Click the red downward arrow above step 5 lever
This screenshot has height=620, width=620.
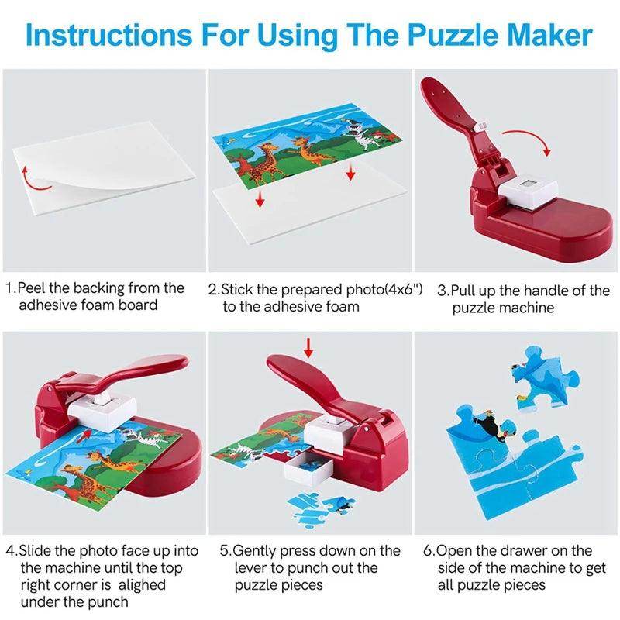pyautogui.click(x=309, y=347)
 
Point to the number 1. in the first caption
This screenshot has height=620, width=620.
pyautogui.click(x=11, y=288)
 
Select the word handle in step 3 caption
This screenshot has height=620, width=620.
pyautogui.click(x=555, y=291)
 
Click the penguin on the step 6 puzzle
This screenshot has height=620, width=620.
pyautogui.click(x=491, y=425)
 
